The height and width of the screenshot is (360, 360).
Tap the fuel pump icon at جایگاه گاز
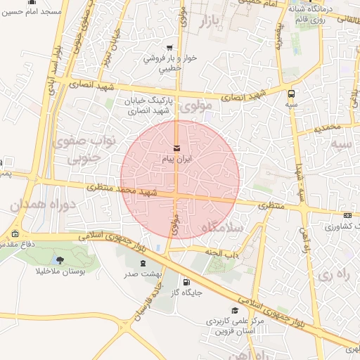pyautogui.click(x=186, y=282)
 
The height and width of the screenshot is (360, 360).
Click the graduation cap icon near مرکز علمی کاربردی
pyautogui.click(x=234, y=310)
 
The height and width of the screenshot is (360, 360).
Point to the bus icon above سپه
pyautogui.click(x=291, y=93)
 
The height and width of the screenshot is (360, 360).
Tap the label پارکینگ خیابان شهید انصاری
pyautogui.click(x=148, y=105)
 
